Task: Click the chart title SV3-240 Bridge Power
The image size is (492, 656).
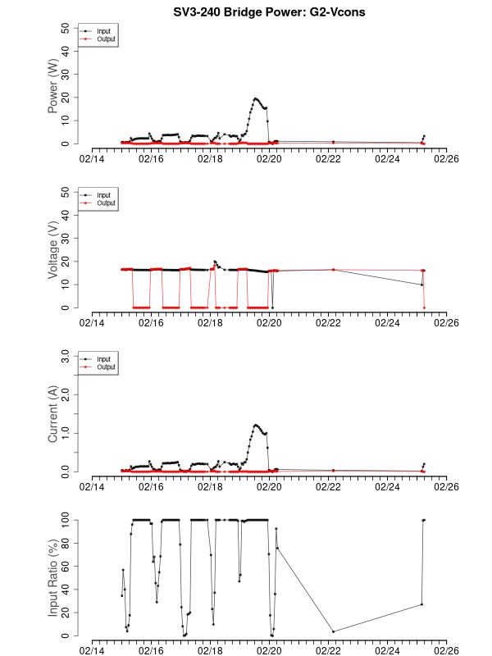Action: coord(246,12)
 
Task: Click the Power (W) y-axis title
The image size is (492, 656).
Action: coord(53,86)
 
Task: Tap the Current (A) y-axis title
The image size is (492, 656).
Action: coord(53,415)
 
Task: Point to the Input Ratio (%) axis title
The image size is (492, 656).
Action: coord(53,577)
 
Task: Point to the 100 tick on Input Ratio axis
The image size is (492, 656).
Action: coord(66,520)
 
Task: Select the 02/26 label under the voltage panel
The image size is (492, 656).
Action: coord(447,322)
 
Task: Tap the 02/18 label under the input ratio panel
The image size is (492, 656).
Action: coord(211,649)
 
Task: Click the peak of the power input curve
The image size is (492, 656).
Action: coord(255,98)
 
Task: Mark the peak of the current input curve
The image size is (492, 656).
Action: coord(256,425)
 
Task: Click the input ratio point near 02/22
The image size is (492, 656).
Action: coord(333,631)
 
